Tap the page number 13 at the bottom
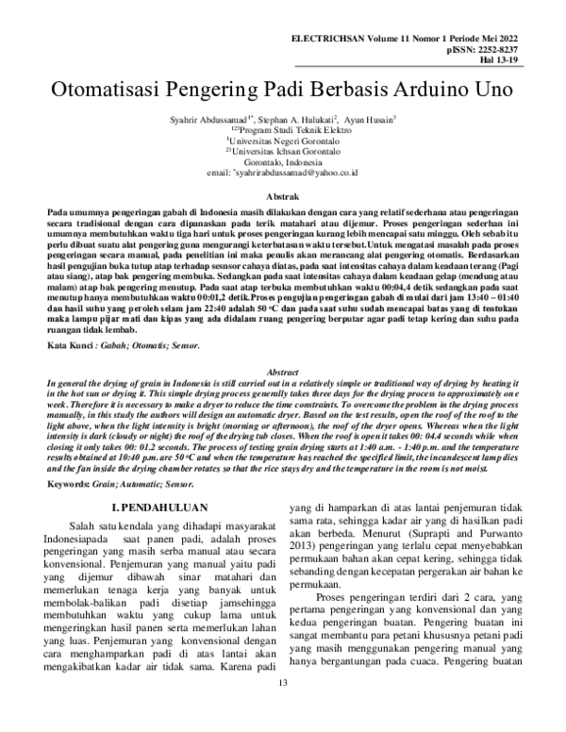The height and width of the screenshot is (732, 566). coord(282,710)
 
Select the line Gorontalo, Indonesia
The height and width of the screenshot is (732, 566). coord(283,161)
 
